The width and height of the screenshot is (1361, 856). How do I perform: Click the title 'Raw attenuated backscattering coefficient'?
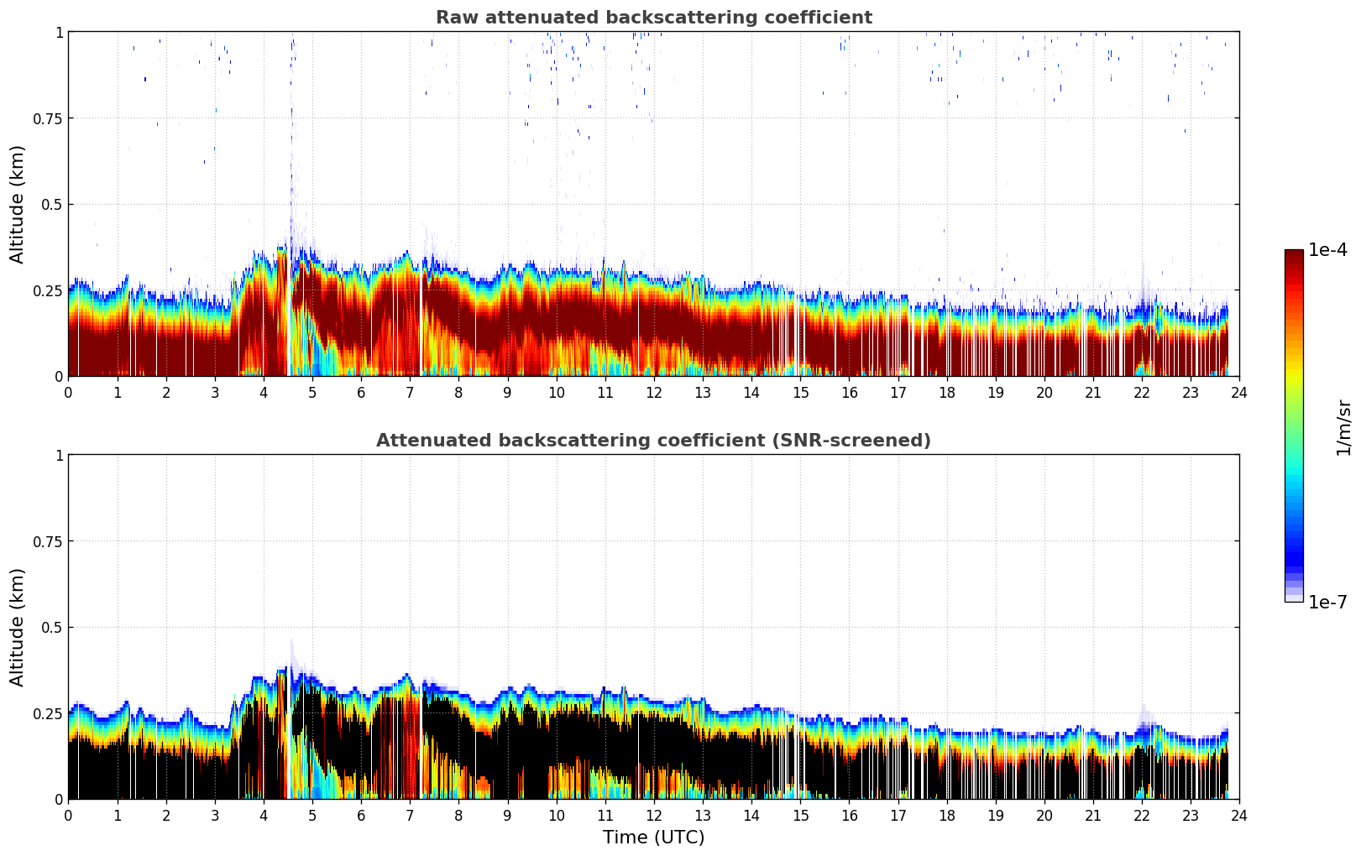pyautogui.click(x=653, y=18)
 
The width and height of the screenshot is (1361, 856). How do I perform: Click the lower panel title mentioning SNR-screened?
pyautogui.click(x=653, y=441)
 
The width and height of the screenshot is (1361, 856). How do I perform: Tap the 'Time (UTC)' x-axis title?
pyautogui.click(x=653, y=837)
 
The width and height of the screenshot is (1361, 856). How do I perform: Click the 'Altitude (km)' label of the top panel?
pyautogui.click(x=18, y=204)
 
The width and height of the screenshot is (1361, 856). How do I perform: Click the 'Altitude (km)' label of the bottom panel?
pyautogui.click(x=18, y=627)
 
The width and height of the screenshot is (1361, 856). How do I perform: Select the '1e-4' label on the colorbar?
pyautogui.click(x=1327, y=250)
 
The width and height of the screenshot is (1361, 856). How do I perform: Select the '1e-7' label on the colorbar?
pyautogui.click(x=1327, y=602)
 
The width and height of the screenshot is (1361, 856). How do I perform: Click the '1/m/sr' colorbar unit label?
pyautogui.click(x=1343, y=427)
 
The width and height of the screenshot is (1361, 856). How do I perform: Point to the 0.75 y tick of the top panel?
pyautogui.click(x=47, y=118)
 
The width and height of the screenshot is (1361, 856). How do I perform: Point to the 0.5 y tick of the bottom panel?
pyautogui.click(x=51, y=627)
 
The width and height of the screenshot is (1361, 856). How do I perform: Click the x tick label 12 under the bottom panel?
pyautogui.click(x=653, y=815)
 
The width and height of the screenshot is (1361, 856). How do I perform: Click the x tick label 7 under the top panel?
pyautogui.click(x=410, y=392)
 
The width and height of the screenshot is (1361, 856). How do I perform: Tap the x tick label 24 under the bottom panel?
pyautogui.click(x=1238, y=815)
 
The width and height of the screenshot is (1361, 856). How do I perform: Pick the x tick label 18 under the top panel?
pyautogui.click(x=946, y=392)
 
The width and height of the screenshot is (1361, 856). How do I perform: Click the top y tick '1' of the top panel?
pyautogui.click(x=59, y=32)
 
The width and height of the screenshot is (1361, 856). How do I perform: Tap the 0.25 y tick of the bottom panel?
pyautogui.click(x=47, y=713)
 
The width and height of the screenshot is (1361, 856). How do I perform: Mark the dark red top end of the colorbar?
pyautogui.click(x=1293, y=253)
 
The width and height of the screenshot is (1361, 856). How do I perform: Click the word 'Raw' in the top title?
pyautogui.click(x=455, y=18)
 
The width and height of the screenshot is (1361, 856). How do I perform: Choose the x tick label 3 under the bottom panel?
pyautogui.click(x=215, y=815)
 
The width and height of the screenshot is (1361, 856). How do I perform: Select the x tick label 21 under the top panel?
pyautogui.click(x=1092, y=392)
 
